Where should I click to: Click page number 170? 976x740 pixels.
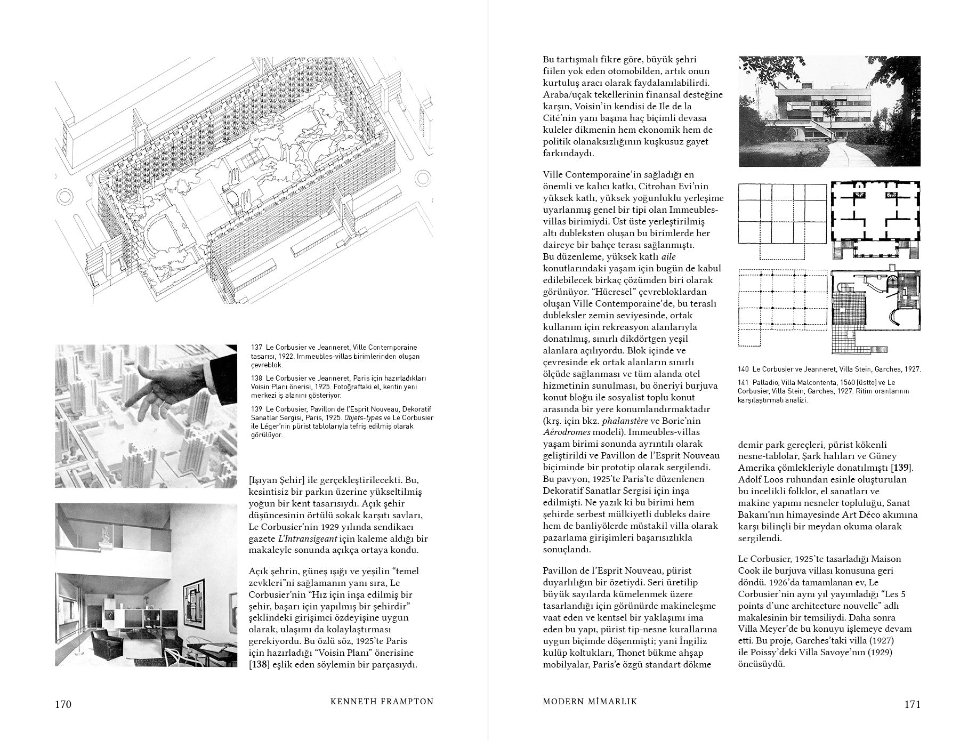[x=63, y=704]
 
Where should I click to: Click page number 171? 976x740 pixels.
[x=912, y=704]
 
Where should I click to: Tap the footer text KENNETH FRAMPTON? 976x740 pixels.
[x=382, y=702]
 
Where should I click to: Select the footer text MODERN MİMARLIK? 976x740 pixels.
[x=590, y=702]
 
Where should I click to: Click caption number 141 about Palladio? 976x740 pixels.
[x=744, y=382]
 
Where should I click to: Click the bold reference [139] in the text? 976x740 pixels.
[x=902, y=468]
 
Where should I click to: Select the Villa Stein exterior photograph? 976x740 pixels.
[x=829, y=111]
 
